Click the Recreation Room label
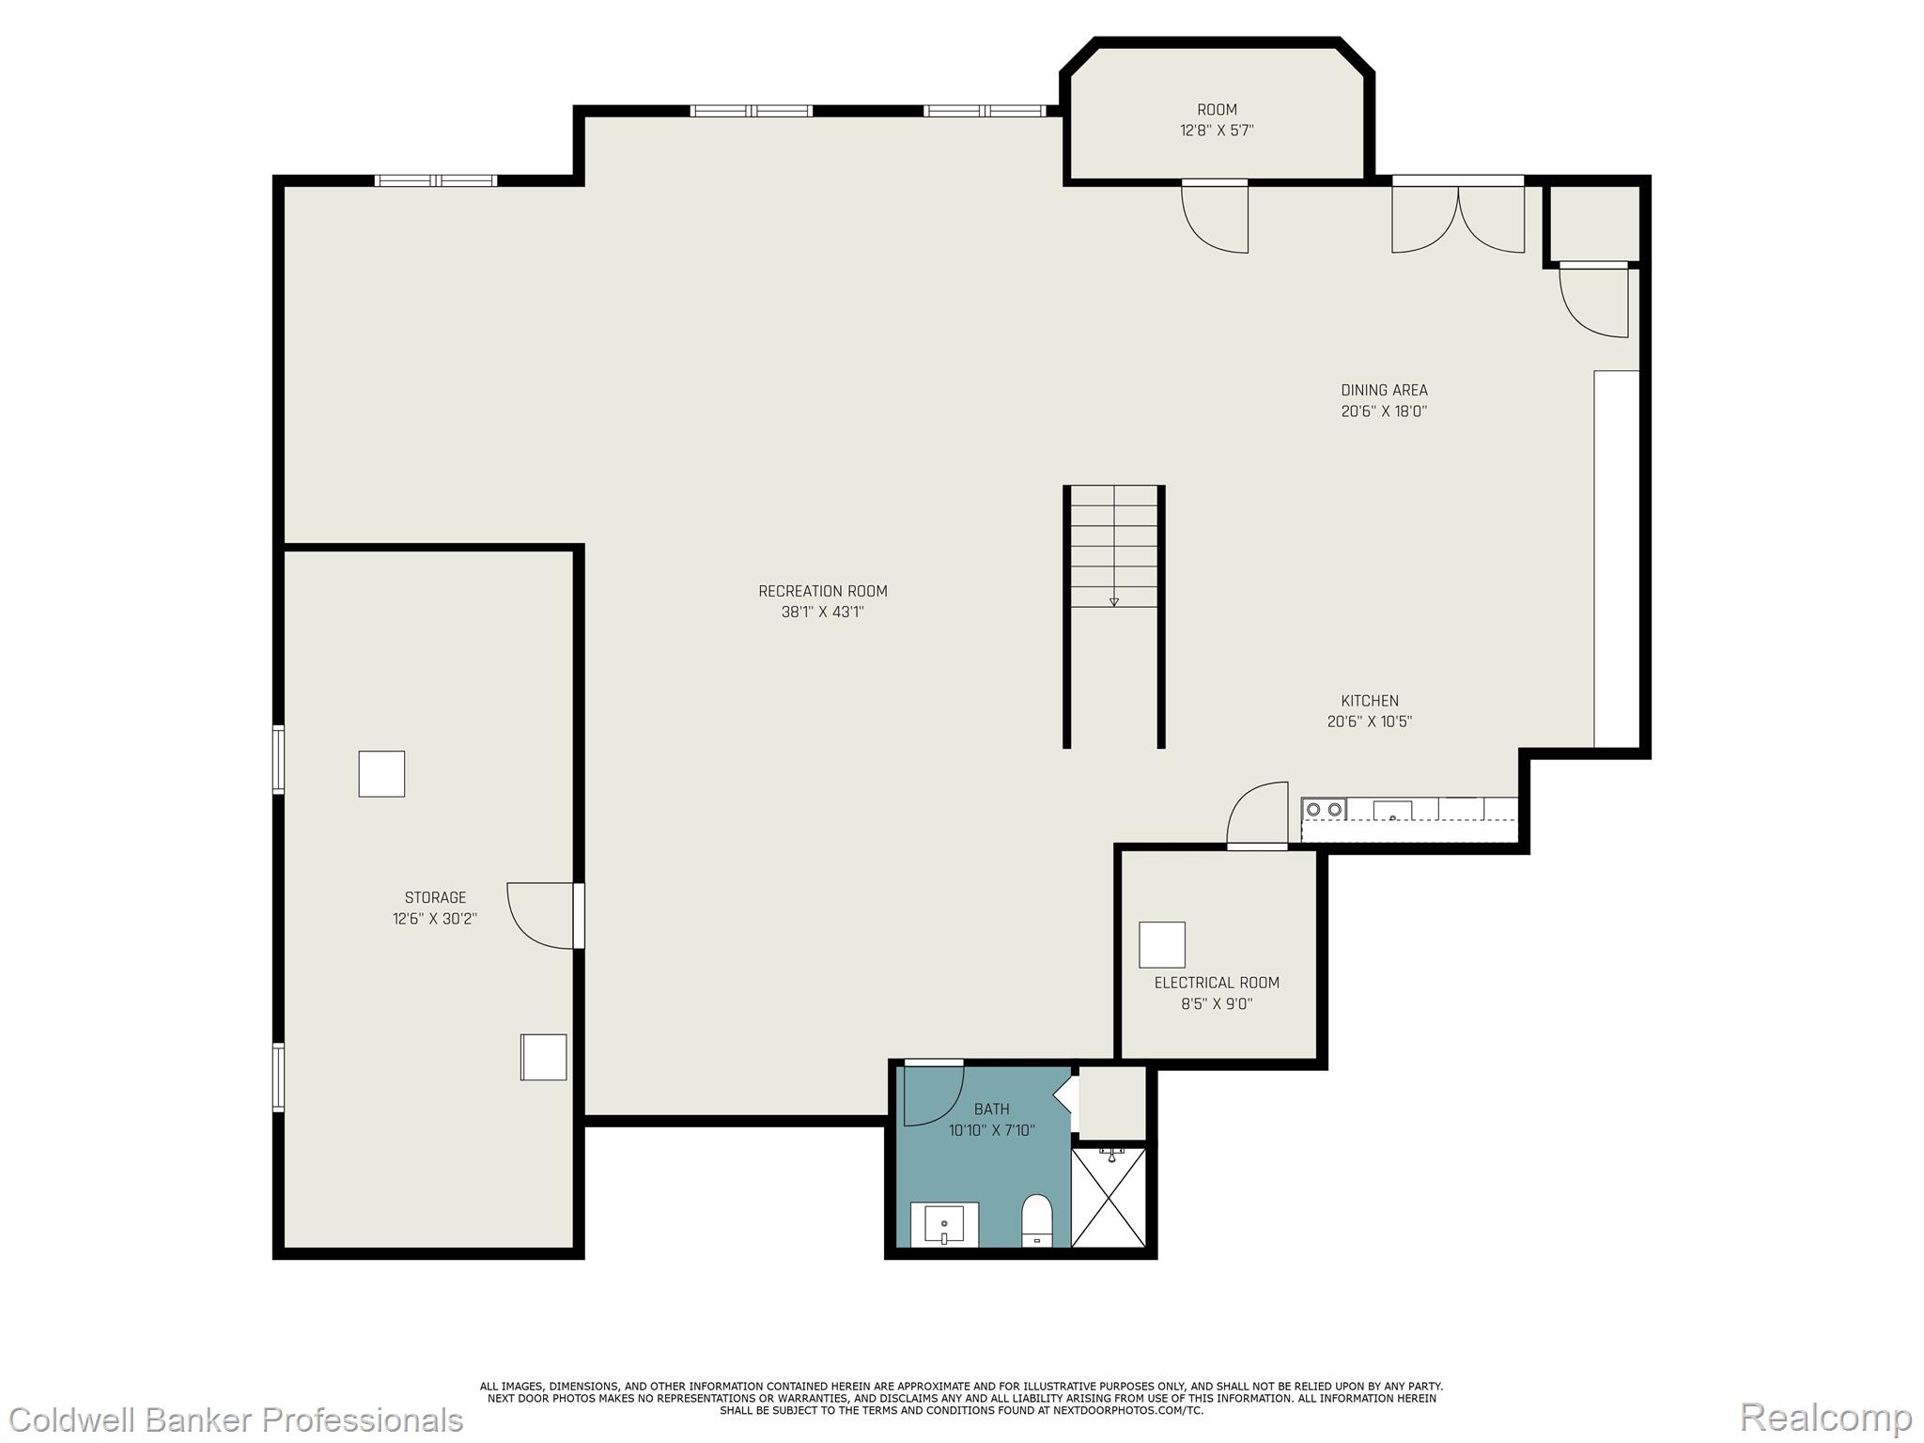822,591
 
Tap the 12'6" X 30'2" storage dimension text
435,919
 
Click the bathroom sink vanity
944,1224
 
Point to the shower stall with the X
1109,1197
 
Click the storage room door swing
541,916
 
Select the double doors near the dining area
1458,218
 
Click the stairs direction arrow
1114,601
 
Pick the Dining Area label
1384,390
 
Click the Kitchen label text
1369,701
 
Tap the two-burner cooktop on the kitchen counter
1324,809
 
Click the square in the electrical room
1162,944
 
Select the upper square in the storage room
381,774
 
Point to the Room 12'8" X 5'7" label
1217,120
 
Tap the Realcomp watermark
1825,1416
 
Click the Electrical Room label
1217,983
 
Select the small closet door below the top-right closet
1595,301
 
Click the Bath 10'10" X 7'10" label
991,1120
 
